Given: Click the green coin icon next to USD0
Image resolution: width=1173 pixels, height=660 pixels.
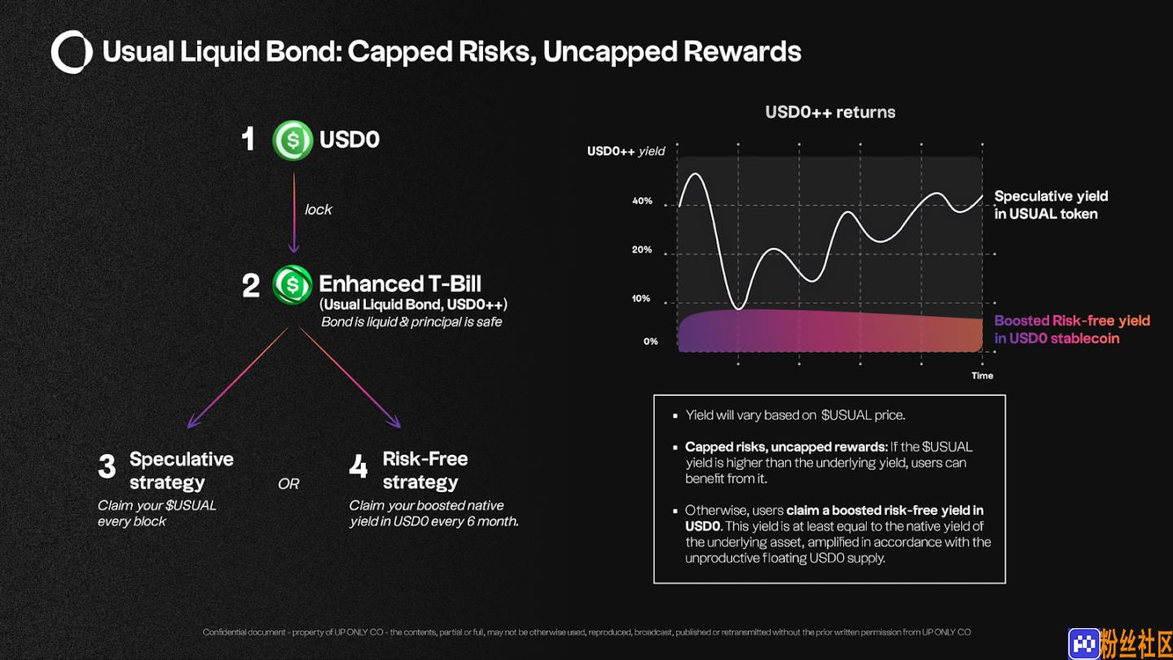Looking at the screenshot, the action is (x=292, y=140).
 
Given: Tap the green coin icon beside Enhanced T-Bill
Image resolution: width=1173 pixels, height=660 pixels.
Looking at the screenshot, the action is (x=292, y=285).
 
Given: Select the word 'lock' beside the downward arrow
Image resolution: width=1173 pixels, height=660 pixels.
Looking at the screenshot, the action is (x=319, y=209).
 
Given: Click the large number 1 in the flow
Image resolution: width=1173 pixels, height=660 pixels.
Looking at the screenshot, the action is (x=248, y=139).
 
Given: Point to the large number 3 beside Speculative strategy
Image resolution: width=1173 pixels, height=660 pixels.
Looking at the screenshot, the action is (x=107, y=466).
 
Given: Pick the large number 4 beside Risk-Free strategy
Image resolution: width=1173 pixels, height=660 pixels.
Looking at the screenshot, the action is (x=358, y=466).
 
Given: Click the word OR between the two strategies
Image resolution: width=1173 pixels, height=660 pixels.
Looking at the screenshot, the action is (x=288, y=483).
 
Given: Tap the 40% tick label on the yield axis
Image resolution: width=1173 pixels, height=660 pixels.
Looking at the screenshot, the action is (x=642, y=201).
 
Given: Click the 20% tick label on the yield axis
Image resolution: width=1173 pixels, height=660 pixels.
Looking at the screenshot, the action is (x=642, y=250).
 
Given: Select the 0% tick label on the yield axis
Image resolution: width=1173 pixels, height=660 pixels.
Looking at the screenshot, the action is (x=650, y=341).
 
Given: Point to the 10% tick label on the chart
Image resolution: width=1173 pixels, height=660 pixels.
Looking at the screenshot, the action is (x=641, y=298).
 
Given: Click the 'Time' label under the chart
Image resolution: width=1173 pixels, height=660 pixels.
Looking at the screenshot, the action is (x=982, y=376).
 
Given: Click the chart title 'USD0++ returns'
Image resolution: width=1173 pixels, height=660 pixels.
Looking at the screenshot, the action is (x=830, y=112).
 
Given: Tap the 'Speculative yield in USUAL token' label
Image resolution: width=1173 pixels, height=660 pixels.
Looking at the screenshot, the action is (x=1051, y=205).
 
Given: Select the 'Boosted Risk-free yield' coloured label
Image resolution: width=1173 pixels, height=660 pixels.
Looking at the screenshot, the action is (x=1072, y=320).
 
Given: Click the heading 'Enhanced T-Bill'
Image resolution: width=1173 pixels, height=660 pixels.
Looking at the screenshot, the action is (x=400, y=284).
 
